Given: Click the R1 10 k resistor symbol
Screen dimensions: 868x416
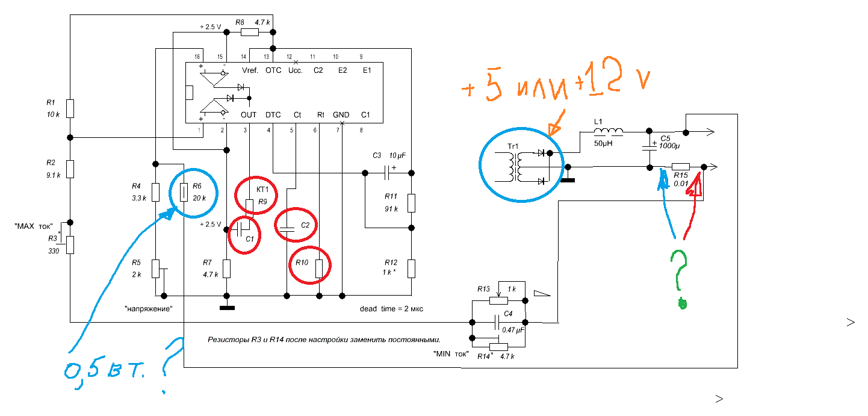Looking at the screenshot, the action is coord(70,108).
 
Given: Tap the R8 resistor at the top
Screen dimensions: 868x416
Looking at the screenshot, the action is coord(250,32).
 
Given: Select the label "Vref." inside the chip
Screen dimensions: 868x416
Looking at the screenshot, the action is coord(250,70).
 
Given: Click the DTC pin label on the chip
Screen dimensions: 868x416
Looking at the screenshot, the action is coord(273,115).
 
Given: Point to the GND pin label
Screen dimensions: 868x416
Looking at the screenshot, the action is coord(341,115).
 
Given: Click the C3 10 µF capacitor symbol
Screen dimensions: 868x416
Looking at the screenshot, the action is coord(386,173).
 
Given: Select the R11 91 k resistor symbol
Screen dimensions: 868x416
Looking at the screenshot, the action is coord(411,203).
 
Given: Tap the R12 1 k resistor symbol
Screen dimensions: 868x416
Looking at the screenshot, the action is coord(411,269).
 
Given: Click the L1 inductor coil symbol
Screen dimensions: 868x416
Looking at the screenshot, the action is coord(609,132).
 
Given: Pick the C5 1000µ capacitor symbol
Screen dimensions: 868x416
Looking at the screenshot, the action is coord(649,147).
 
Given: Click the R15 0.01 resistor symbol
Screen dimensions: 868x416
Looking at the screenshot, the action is coord(680,167).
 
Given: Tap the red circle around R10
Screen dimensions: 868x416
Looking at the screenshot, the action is coord(310,265).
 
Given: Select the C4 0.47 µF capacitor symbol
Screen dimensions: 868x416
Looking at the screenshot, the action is coord(497,322).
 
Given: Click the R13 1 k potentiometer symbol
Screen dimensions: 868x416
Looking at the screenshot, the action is coord(498,299).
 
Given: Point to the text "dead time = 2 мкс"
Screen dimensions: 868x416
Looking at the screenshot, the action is coord(391,309).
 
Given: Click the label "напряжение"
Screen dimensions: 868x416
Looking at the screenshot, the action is coord(149,309).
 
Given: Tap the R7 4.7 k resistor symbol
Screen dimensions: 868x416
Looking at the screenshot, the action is coord(227,269).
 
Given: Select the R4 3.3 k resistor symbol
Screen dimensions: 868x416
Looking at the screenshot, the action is coord(155,192).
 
